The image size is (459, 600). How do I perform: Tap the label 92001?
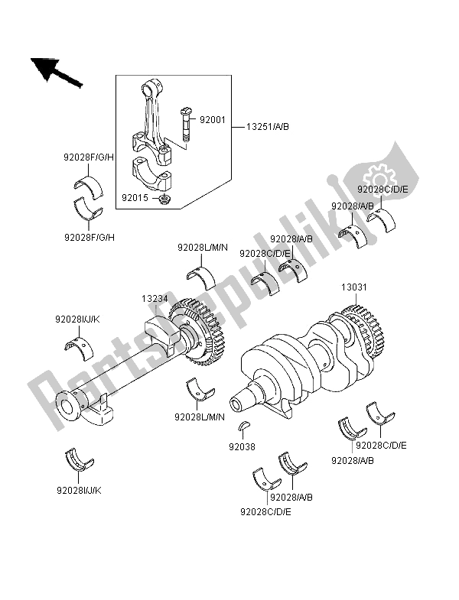(213, 120)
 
